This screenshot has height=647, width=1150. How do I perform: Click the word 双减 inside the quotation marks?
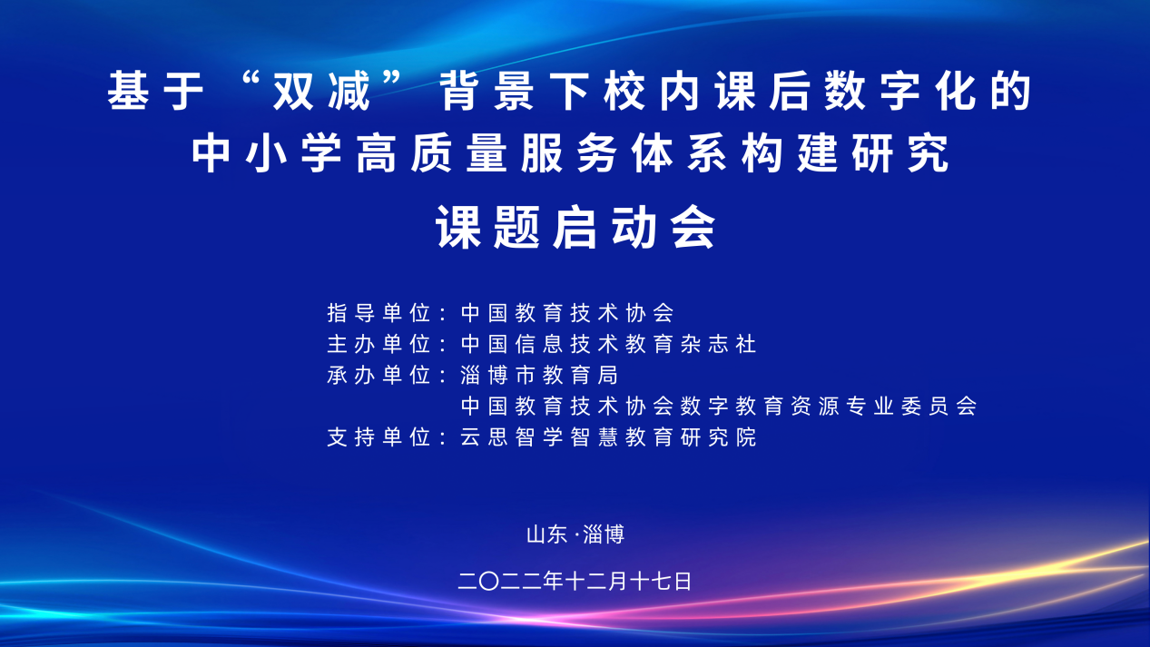point(321,91)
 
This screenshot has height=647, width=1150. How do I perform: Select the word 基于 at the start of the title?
point(156,91)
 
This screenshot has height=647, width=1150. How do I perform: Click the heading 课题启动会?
point(575,227)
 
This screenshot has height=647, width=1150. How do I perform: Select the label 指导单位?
point(378,313)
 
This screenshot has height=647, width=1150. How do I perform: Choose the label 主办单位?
point(378,344)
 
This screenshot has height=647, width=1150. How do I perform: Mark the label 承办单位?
point(378,375)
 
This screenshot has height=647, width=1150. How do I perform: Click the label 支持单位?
point(378,437)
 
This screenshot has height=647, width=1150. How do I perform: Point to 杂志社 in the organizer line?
point(718,344)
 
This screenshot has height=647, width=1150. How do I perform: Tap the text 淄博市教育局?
point(539,375)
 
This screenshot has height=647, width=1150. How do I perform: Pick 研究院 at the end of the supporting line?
point(718,437)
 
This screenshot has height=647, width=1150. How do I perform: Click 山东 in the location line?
point(546,534)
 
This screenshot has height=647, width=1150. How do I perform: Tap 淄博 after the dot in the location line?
point(604,534)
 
